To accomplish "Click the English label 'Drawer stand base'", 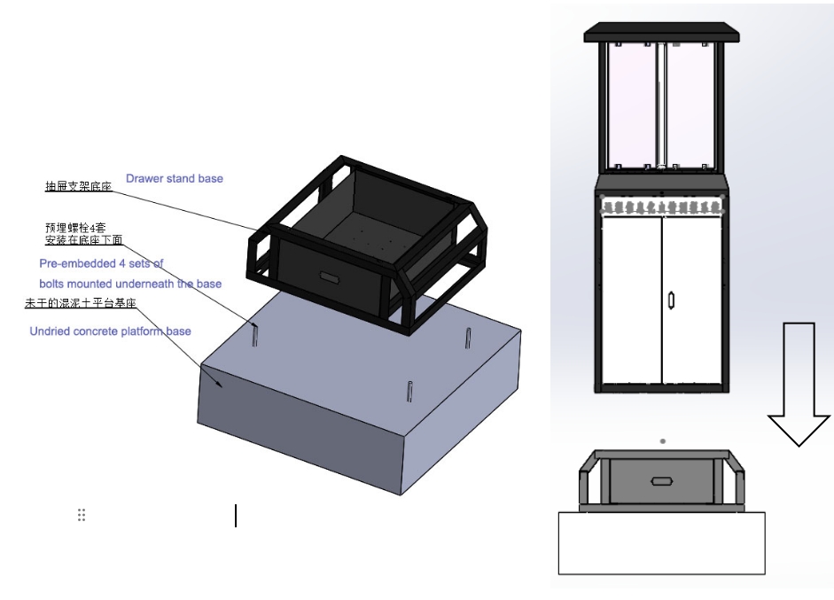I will [174, 178].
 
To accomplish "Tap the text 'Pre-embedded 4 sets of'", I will [101, 263].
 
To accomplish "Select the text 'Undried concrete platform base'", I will [110, 331].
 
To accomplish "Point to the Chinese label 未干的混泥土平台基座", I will [80, 304].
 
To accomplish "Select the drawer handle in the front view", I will [660, 481].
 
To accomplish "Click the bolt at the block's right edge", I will [467, 339].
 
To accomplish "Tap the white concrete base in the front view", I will [661, 542].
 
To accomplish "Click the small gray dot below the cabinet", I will [663, 440].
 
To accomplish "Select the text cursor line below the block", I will [236, 515].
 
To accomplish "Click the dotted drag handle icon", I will [82, 515].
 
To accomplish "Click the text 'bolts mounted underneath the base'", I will [130, 284].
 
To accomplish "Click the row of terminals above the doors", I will [661, 206].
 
